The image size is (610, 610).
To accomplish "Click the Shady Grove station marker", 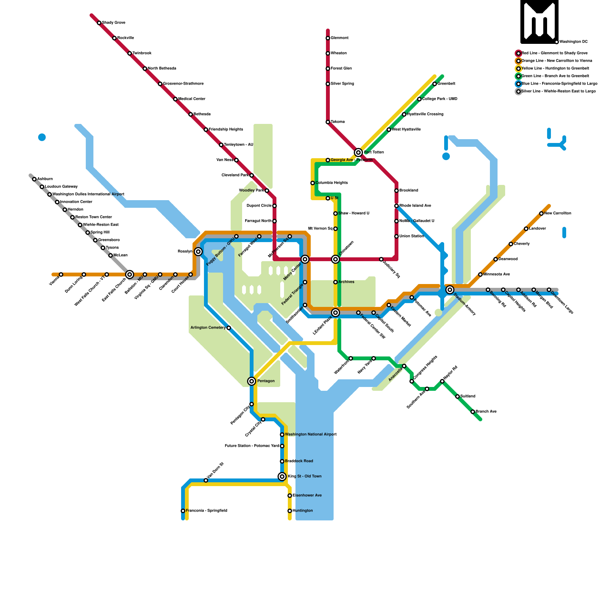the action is [99, 23].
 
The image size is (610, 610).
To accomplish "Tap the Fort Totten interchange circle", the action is [358, 152].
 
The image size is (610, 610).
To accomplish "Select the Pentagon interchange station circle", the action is [252, 381].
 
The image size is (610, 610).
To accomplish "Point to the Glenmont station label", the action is [339, 38].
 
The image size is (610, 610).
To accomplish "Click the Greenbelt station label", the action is [446, 84].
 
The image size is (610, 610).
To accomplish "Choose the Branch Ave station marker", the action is [473, 412].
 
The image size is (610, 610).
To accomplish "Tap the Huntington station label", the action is [303, 511].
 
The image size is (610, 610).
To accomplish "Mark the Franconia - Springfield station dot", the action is [183, 511].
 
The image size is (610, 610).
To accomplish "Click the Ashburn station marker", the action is [34, 179].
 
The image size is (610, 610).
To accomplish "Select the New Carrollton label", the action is [557, 213].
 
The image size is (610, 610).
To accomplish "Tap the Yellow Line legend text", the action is [555, 69].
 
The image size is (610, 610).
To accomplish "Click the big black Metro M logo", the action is [539, 22].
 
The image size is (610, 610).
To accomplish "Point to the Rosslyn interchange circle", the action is [198, 252].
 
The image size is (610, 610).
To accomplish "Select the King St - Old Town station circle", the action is [282, 477].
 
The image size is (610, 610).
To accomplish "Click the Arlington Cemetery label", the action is [208, 328].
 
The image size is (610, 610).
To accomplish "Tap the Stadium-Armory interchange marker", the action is [450, 290].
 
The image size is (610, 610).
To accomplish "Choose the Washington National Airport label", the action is [311, 435].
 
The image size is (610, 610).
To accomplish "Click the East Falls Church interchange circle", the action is [130, 274].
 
